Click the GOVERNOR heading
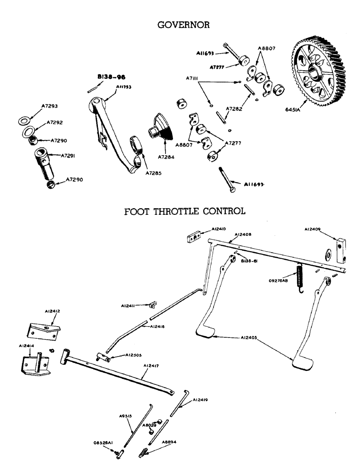point(184,25)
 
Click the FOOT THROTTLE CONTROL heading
point(185,212)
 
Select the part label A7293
point(49,107)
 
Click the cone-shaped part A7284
point(160,125)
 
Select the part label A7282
point(235,109)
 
